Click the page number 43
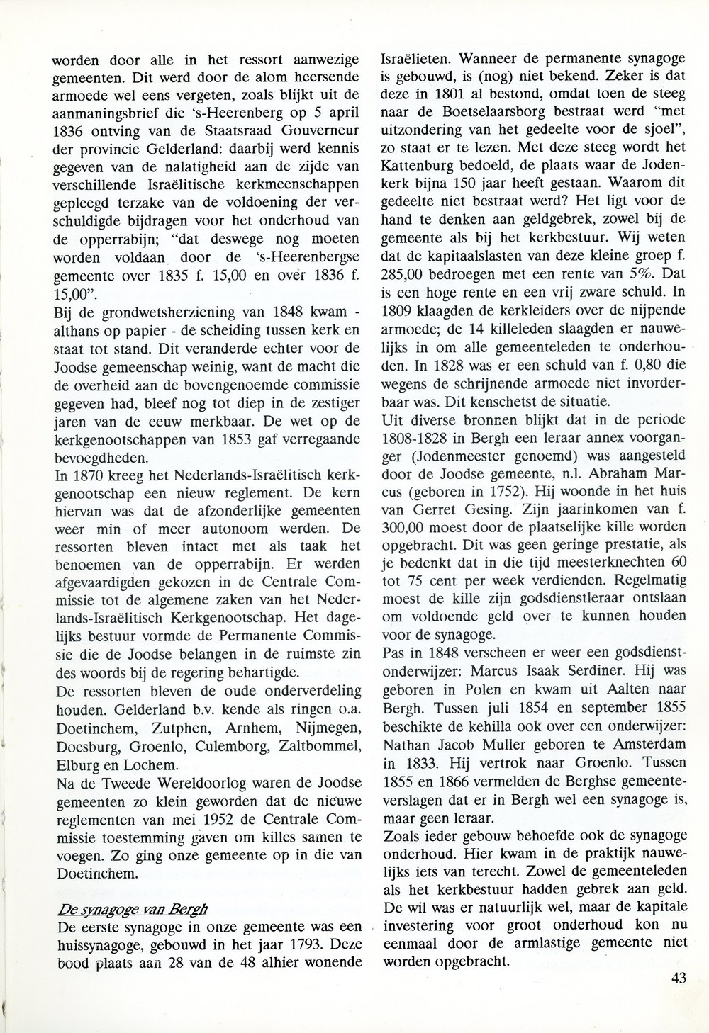tap(678, 978)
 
